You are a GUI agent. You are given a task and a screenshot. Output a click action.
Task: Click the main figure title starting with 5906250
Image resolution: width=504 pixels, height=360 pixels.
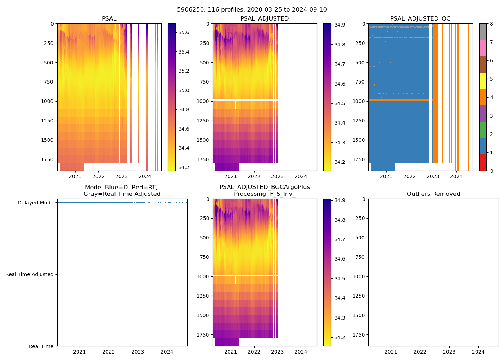pyautogui.click(x=252, y=10)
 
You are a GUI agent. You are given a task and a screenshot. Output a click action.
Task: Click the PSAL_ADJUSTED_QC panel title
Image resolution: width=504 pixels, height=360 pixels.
pyautogui.click(x=420, y=19)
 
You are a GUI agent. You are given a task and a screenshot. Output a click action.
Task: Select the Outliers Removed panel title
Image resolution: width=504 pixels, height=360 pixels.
pyautogui.click(x=433, y=194)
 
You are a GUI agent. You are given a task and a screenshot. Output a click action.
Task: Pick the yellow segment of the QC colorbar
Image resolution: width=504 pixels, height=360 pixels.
pyautogui.click(x=483, y=81)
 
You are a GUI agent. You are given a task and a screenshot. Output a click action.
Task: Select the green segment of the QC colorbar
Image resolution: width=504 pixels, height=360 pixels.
pyautogui.click(x=483, y=130)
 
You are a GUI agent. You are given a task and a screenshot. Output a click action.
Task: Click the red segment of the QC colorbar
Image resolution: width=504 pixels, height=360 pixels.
pyautogui.click(x=483, y=163)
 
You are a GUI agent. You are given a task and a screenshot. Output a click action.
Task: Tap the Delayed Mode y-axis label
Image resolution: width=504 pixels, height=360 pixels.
pyautogui.click(x=35, y=203)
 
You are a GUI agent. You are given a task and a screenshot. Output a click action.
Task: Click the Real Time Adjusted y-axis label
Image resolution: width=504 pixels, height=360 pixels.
pyautogui.click(x=30, y=274)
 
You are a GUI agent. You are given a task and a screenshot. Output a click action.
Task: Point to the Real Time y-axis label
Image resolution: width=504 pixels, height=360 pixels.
pyautogui.click(x=41, y=346)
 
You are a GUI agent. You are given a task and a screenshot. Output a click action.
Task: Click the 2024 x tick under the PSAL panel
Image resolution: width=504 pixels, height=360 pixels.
pyautogui.click(x=145, y=176)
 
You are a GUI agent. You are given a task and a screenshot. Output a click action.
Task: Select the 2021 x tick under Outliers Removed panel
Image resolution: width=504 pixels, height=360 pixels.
pyautogui.click(x=391, y=352)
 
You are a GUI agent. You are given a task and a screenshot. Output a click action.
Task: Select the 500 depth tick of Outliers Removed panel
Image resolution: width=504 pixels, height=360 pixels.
pyautogui.click(x=360, y=238)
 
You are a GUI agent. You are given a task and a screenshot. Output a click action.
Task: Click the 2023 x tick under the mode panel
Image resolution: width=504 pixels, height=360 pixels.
pyautogui.click(x=138, y=352)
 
